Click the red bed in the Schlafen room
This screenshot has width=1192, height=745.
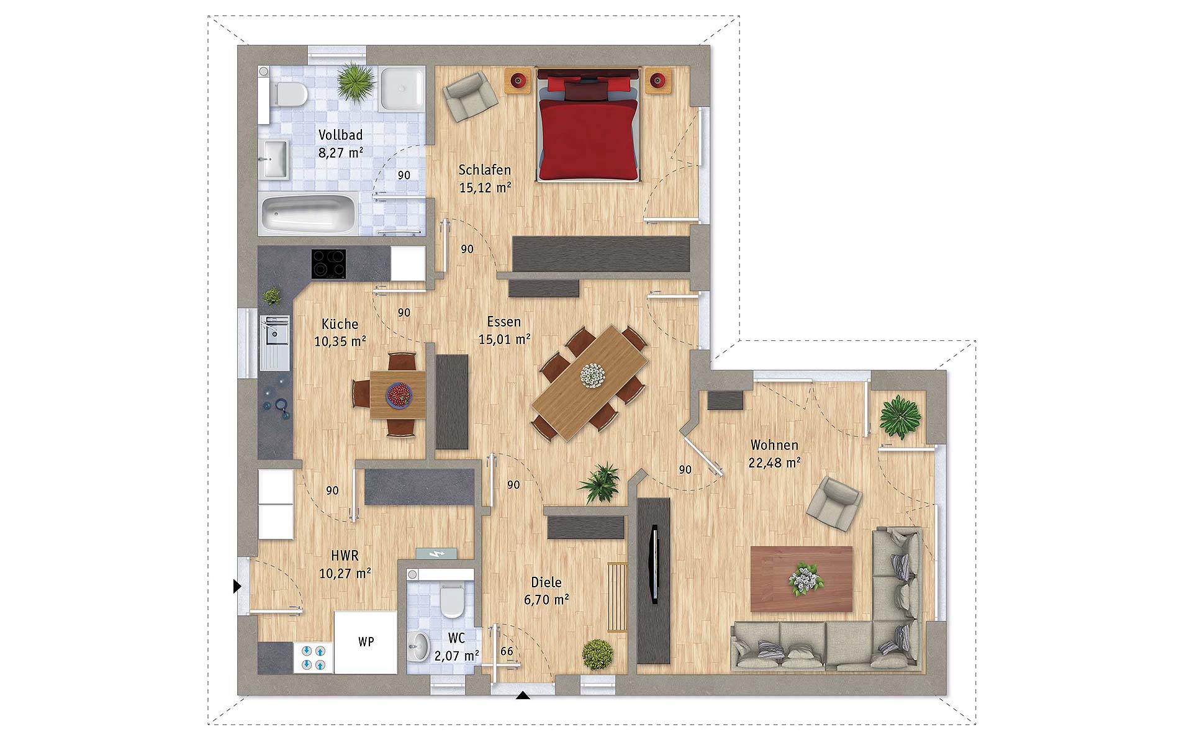click(588, 125)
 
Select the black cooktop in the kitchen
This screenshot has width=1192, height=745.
click(328, 264)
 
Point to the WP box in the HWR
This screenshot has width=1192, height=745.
click(366, 642)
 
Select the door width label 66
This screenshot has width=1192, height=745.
click(507, 651)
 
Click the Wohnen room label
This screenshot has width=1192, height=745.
click(774, 445)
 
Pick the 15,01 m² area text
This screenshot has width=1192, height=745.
click(504, 339)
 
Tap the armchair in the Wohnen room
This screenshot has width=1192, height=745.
click(834, 503)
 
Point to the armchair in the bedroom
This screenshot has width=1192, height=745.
click(470, 96)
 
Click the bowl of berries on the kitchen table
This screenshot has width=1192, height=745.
click(399, 394)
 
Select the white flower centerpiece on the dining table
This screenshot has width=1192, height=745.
click(592, 375)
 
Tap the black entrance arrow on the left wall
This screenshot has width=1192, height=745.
click(237, 586)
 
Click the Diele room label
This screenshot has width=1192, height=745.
click(546, 582)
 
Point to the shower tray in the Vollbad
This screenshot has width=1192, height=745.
click(402, 89)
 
